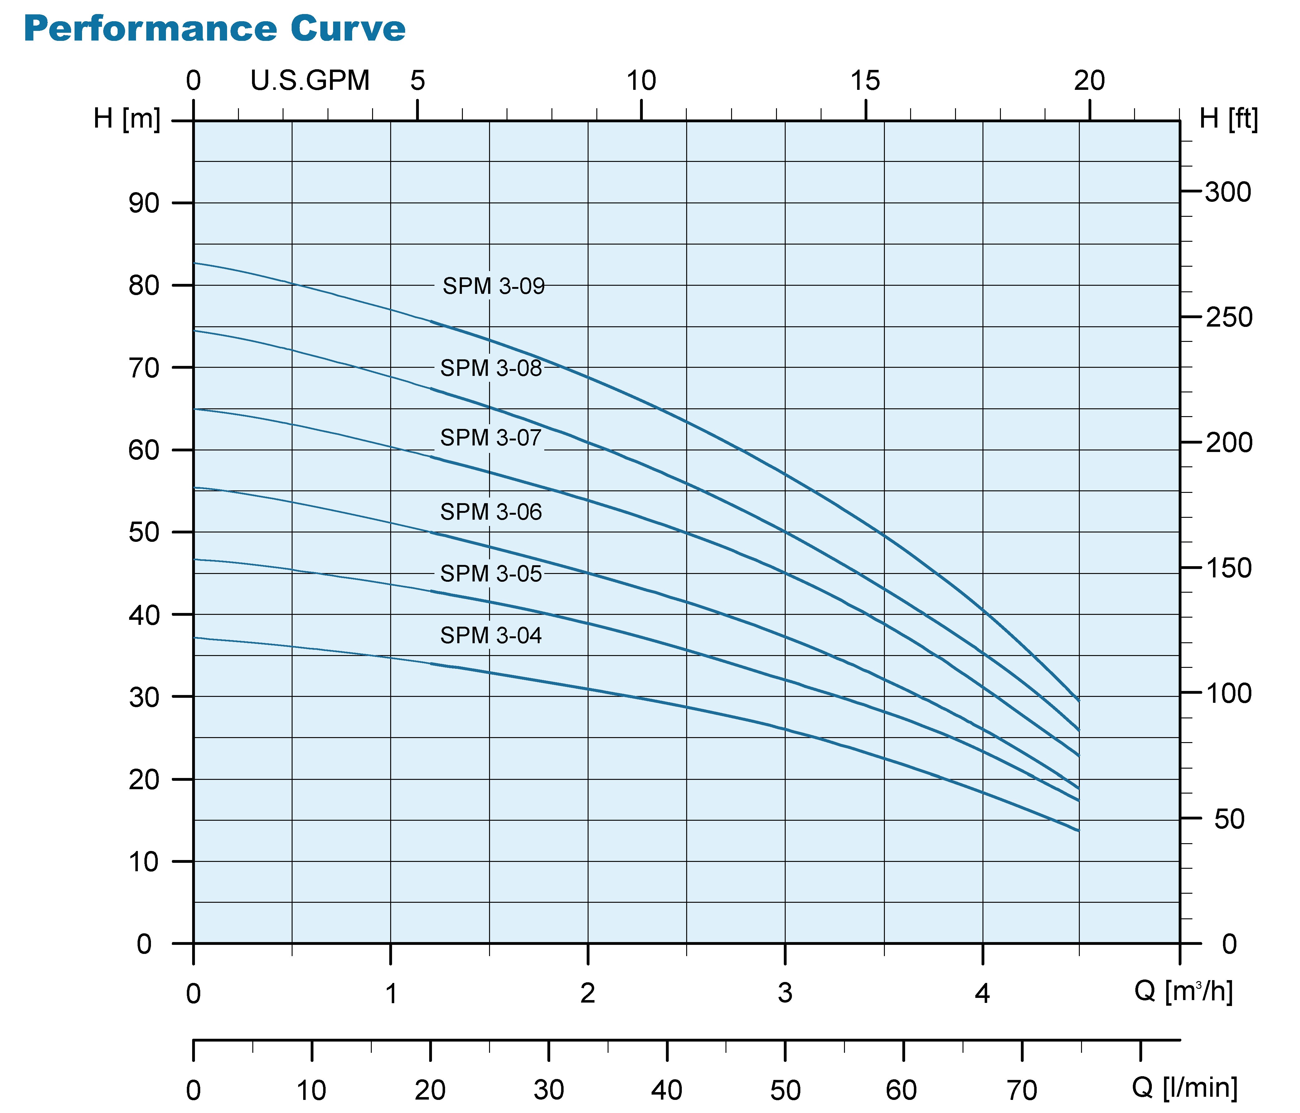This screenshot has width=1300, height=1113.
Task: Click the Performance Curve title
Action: tap(215, 29)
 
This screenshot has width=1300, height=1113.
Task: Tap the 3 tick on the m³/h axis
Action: tap(785, 993)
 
